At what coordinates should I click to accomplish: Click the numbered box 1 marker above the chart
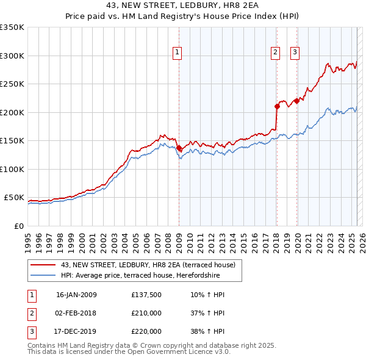(x=177, y=53)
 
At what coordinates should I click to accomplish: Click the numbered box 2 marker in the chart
(x=275, y=53)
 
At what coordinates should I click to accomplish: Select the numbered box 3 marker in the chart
(x=295, y=53)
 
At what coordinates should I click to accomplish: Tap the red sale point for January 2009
(x=179, y=148)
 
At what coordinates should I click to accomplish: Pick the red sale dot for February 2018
(x=277, y=106)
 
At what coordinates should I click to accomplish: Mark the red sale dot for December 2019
(x=297, y=101)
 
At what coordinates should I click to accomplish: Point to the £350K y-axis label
(x=12, y=27)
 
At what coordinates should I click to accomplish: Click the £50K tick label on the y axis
(x=15, y=198)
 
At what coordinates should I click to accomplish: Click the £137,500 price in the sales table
(x=146, y=295)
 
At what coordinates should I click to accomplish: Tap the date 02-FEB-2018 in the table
(x=76, y=313)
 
